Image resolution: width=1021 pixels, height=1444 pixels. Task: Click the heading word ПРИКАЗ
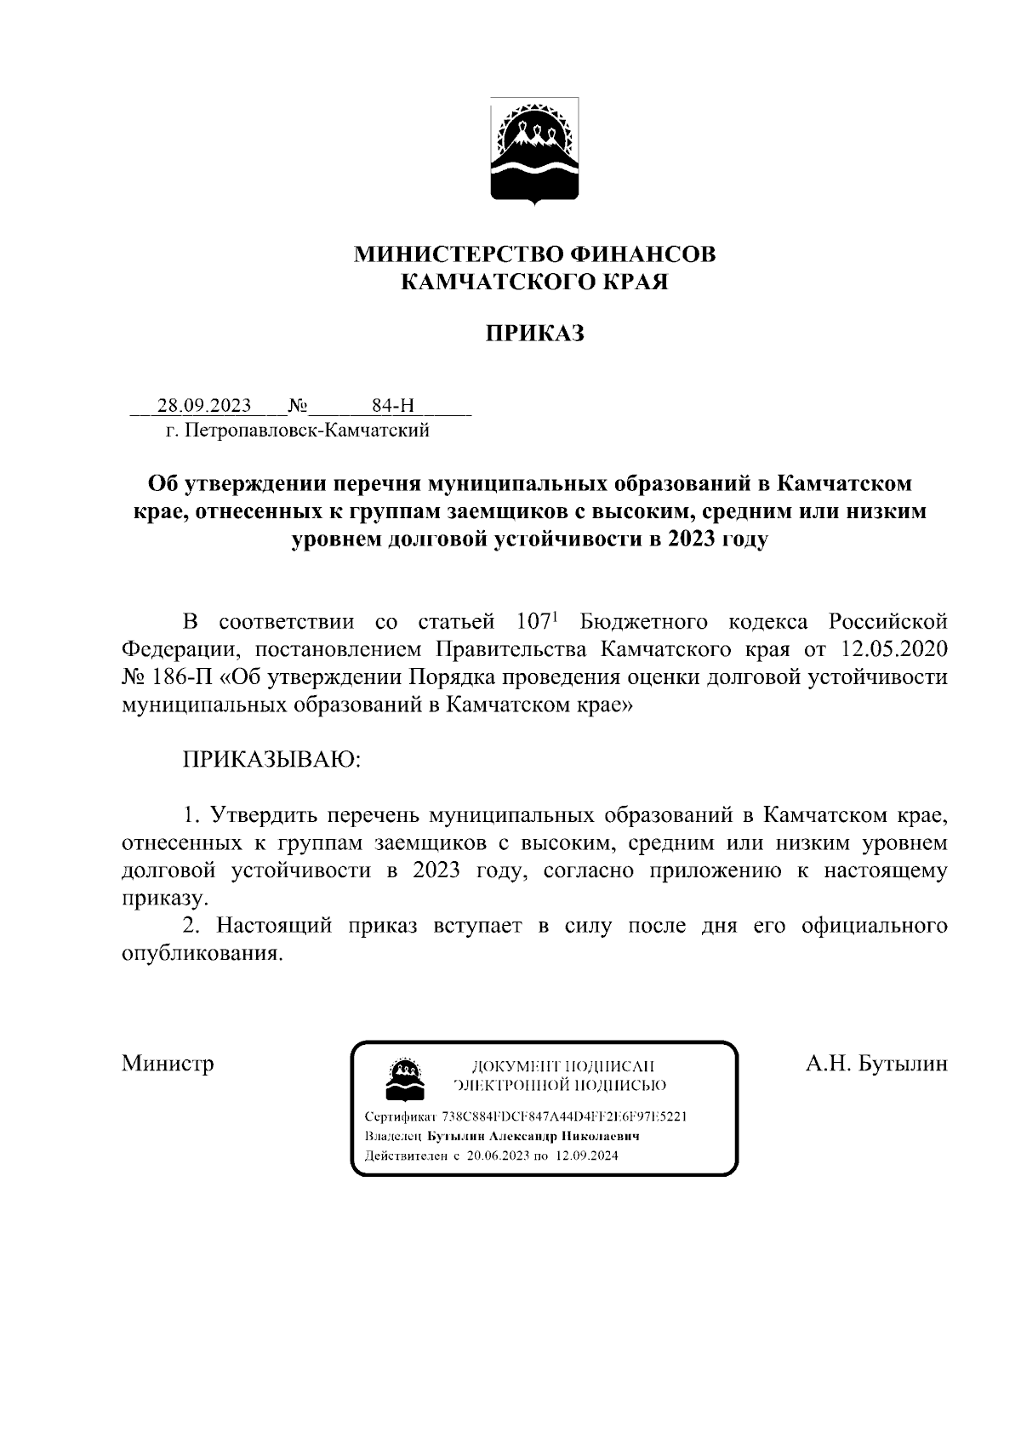click(535, 334)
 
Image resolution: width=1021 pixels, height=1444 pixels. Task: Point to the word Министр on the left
click(168, 1064)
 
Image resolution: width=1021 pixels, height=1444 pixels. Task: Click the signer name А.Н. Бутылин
click(876, 1064)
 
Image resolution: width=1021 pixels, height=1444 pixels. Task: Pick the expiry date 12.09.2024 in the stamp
click(587, 1156)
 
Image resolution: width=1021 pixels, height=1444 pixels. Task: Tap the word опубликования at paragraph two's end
click(200, 953)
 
